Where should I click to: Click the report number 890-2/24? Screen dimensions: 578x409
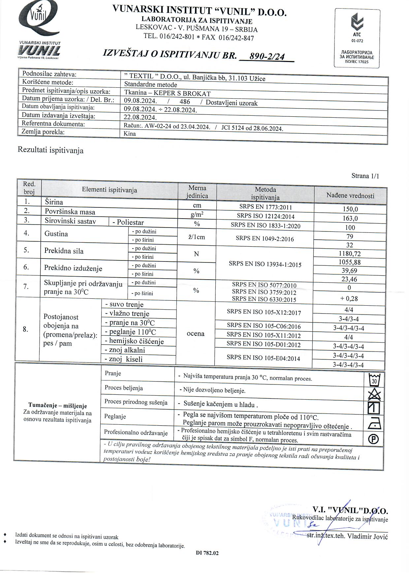tap(267, 56)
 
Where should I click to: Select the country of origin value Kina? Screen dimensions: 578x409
tap(130, 134)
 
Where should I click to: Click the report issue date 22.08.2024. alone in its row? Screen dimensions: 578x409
tap(140, 117)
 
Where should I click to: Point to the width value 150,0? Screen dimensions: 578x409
tap(350, 209)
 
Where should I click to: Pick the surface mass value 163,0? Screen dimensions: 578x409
tap(350, 218)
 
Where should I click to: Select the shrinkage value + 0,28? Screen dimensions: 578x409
tap(349, 299)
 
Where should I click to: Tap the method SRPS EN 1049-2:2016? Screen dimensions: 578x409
tap(265, 239)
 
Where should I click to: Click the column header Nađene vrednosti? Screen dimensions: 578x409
tap(350, 196)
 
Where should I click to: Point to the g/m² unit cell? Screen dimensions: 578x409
tap(197, 215)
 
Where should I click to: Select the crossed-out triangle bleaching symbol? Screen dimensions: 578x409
tap(374, 394)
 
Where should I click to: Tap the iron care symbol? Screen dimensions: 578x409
tap(374, 423)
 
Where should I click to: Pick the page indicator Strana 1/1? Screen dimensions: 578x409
tap(365, 176)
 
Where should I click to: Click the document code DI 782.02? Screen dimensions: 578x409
tap(207, 553)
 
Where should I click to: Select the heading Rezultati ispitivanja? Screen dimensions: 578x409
tap(50, 150)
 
